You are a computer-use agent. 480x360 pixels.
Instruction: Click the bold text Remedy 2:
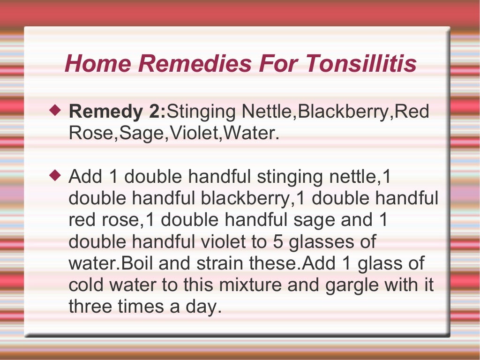tap(117, 112)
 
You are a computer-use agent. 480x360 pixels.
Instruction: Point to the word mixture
tap(251, 285)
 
